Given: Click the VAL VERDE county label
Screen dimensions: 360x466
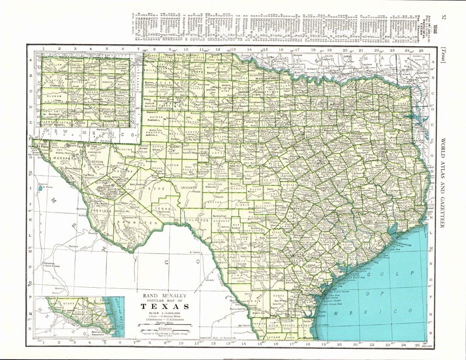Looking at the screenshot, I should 196,219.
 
